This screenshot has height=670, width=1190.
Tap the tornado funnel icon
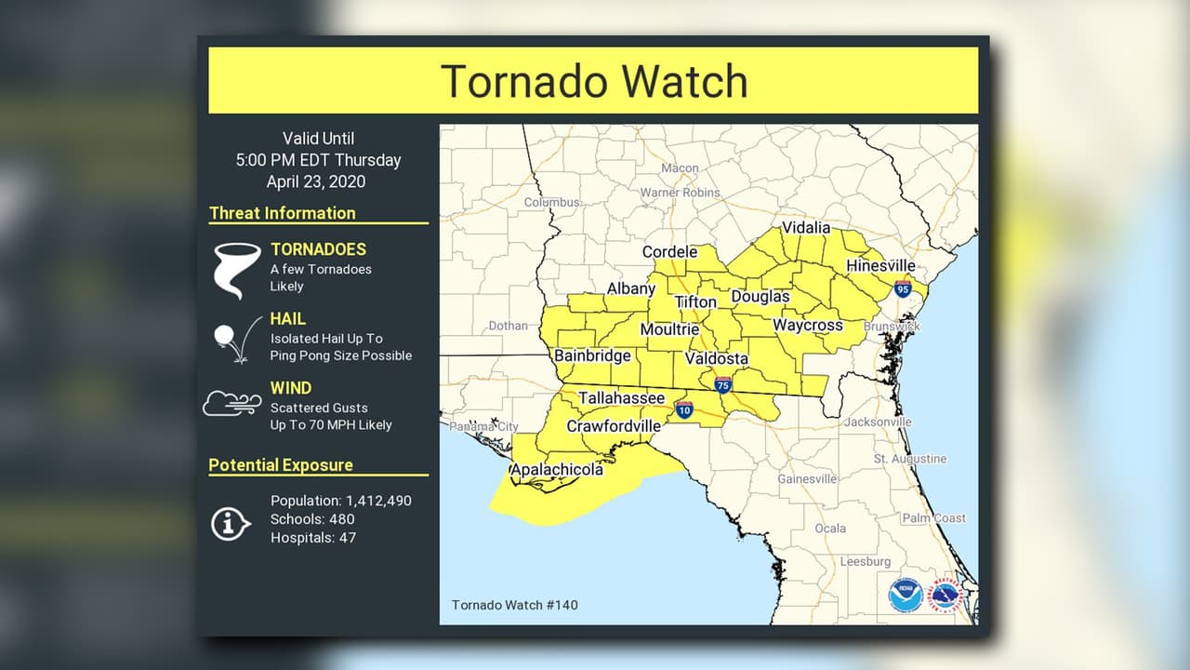tap(236, 269)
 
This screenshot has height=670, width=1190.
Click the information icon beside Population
tap(230, 523)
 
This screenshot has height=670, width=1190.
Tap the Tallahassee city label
tap(621, 398)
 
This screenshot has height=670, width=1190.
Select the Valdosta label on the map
tap(717, 358)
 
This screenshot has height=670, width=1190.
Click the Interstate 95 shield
tap(902, 288)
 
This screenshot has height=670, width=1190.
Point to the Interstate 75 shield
tap(722, 383)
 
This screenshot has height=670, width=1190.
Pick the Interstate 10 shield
tap(683, 409)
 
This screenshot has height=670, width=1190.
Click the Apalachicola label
tap(557, 469)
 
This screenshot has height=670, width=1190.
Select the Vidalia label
tap(805, 228)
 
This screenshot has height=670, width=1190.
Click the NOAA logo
tap(905, 594)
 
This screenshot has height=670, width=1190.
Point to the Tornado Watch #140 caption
tap(514, 605)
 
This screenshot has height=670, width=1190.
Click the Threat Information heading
tap(282, 213)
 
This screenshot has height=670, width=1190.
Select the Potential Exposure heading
tap(280, 465)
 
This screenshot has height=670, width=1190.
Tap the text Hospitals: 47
tap(312, 537)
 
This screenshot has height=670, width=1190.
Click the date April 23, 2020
tap(316, 181)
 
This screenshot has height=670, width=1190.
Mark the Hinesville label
tap(879, 266)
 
